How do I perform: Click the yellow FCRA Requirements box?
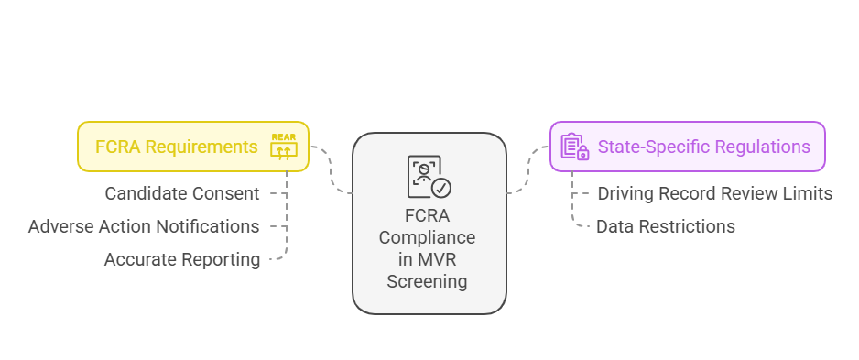(x=192, y=147)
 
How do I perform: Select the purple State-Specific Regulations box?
(x=687, y=147)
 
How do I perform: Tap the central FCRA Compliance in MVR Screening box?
(x=429, y=224)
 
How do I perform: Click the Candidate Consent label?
(x=182, y=193)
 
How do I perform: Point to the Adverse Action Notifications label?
(x=144, y=226)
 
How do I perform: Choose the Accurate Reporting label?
(x=182, y=259)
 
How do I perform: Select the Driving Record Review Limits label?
(x=714, y=193)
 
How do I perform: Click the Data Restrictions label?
(x=665, y=226)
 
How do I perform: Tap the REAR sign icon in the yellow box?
(x=284, y=147)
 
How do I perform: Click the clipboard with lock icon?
(x=574, y=147)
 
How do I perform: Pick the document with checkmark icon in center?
(x=429, y=177)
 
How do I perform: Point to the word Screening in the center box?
(x=427, y=281)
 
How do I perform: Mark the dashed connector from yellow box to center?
(x=332, y=169)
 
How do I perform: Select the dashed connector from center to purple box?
(x=527, y=169)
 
